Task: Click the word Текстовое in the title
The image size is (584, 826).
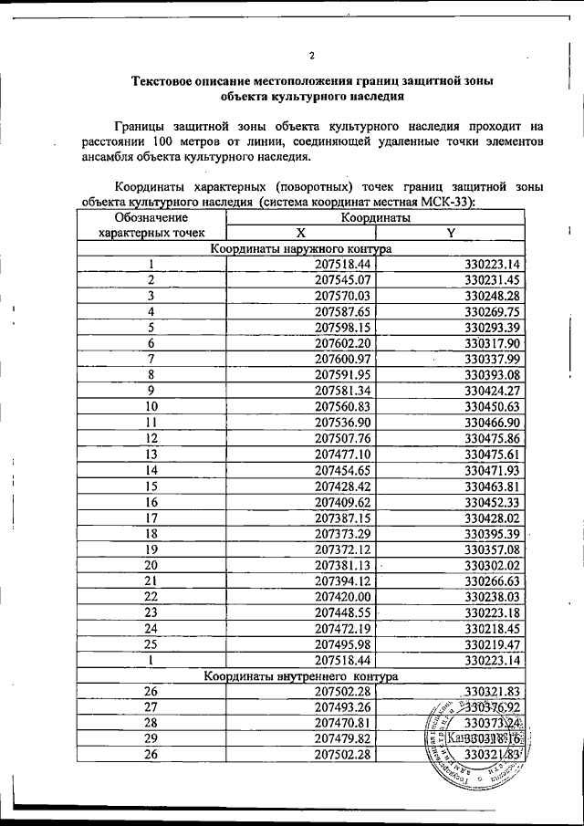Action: (x=173, y=80)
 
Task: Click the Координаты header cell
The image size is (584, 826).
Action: (x=375, y=218)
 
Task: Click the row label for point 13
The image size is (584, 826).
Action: (x=151, y=454)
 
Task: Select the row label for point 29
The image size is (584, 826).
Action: (x=151, y=738)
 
